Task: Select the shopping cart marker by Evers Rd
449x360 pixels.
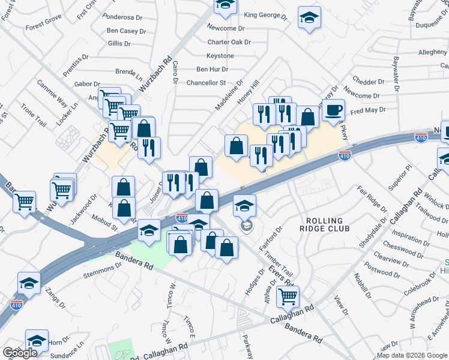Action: point(288,296)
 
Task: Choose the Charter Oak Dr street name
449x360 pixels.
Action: point(229,42)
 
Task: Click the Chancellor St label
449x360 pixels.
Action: point(206,83)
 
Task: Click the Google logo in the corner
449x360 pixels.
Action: point(20,353)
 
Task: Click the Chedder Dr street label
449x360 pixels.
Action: point(369,82)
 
